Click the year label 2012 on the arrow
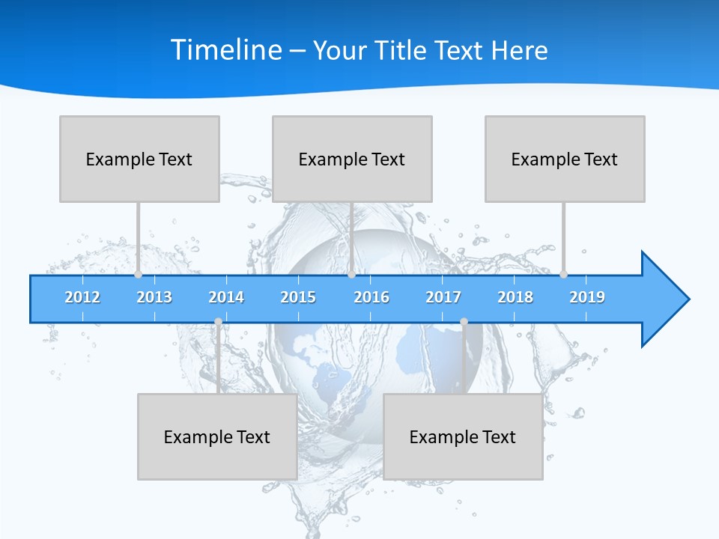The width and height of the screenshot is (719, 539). (x=82, y=297)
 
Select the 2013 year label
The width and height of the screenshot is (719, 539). (x=154, y=297)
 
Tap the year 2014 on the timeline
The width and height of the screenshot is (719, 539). (x=226, y=297)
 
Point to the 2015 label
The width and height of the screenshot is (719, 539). (x=298, y=297)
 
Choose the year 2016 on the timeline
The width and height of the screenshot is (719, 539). (x=371, y=297)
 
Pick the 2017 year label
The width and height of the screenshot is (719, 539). (x=443, y=297)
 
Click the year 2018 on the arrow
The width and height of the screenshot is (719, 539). (x=515, y=297)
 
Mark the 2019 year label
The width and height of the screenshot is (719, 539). (x=587, y=297)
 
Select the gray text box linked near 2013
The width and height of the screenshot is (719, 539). (x=139, y=159)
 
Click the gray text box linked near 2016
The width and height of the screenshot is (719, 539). (x=352, y=159)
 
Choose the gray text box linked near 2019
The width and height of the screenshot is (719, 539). (x=565, y=159)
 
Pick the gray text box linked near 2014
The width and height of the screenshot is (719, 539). (x=217, y=436)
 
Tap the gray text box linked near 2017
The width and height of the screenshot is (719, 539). (x=463, y=436)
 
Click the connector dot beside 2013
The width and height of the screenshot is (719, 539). (x=138, y=275)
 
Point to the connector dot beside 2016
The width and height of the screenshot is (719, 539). (x=351, y=275)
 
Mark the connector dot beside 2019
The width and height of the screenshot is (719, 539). (x=563, y=275)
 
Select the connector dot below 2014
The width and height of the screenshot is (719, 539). (x=218, y=322)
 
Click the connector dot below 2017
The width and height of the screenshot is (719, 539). (x=464, y=322)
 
